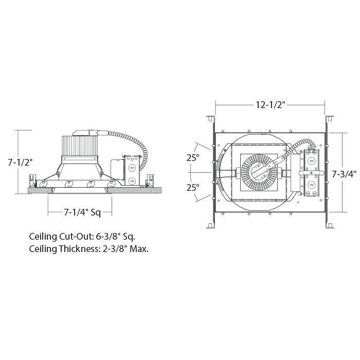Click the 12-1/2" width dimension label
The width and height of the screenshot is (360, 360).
click(270, 105)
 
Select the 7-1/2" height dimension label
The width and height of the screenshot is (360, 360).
click(20, 163)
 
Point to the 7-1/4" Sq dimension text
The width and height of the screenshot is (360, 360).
click(82, 212)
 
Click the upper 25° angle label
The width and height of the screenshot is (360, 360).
click(193, 158)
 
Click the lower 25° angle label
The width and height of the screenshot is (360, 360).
click(193, 188)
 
